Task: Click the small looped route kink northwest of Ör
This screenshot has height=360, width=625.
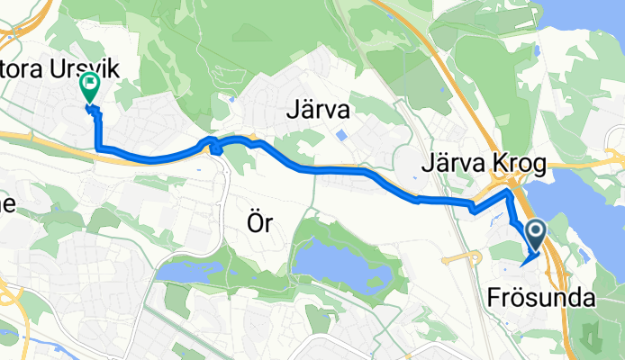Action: [x=215, y=146]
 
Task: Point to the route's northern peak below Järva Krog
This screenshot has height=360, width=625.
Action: [x=510, y=192]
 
